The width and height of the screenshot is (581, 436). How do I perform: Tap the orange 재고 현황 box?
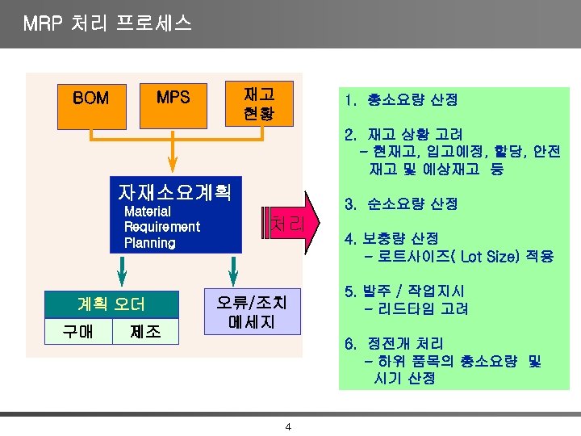tap(257, 104)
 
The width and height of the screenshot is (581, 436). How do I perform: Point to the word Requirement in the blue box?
tap(161, 227)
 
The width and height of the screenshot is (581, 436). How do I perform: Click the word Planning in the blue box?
tap(149, 242)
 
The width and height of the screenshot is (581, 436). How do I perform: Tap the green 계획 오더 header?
tap(111, 304)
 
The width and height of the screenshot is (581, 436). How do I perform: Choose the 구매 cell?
tap(78, 331)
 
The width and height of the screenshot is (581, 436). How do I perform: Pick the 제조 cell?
tap(145, 331)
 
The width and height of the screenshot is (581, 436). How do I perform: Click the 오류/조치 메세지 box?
tap(252, 312)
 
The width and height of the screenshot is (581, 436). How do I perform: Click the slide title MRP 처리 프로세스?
tap(107, 23)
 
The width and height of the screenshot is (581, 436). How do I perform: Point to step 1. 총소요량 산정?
tap(400, 100)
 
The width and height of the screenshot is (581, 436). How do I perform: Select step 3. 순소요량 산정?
tap(400, 204)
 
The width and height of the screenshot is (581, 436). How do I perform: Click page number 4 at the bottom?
tap(288, 426)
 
